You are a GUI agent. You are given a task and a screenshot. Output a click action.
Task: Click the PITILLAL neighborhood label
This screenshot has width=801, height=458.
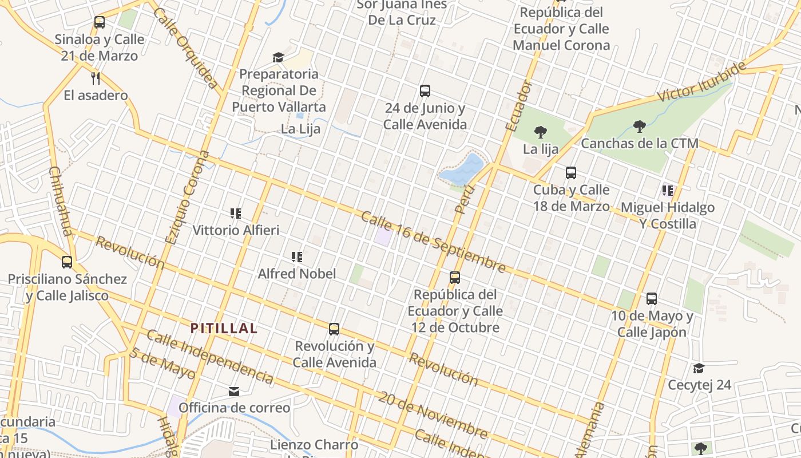point(224,329)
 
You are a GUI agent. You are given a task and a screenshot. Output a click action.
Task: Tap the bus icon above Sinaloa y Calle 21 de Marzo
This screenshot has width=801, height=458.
point(100,22)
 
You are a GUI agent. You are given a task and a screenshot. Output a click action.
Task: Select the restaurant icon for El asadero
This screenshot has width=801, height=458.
point(96,78)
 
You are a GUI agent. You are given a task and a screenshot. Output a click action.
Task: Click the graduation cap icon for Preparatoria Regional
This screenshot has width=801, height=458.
point(278,57)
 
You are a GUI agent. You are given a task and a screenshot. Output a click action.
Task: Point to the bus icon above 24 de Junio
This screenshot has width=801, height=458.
point(425,91)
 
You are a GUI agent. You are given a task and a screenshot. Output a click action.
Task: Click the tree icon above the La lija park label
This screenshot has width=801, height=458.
point(540,132)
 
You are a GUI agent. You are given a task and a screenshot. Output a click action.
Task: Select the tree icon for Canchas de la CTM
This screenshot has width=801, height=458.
point(640,126)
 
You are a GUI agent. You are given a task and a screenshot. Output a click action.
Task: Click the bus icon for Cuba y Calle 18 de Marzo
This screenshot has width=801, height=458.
point(570,172)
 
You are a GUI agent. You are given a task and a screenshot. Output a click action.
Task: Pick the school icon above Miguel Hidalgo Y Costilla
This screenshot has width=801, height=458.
point(667,190)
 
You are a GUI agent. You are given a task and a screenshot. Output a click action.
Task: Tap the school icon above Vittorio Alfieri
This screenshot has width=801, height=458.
point(235,214)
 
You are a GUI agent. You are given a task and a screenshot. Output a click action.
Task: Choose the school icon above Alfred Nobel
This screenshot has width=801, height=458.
point(296,257)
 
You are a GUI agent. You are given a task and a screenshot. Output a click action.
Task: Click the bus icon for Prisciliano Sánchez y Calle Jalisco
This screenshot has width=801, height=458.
point(67,262)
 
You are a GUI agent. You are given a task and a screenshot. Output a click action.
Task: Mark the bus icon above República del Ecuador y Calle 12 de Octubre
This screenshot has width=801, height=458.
point(455,278)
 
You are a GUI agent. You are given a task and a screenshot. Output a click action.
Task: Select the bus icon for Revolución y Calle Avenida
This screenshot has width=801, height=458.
point(334,329)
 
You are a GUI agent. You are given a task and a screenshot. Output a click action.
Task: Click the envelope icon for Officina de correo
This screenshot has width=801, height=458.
point(233,392)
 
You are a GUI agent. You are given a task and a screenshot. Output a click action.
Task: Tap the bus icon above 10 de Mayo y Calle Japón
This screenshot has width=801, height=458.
point(652,298)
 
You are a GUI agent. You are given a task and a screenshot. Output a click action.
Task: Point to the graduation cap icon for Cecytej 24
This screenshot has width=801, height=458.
point(699,368)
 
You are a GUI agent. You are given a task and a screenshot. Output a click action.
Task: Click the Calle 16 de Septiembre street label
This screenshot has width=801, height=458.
point(433,242)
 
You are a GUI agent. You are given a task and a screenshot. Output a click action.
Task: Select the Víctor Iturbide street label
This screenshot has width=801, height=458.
point(702,82)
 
